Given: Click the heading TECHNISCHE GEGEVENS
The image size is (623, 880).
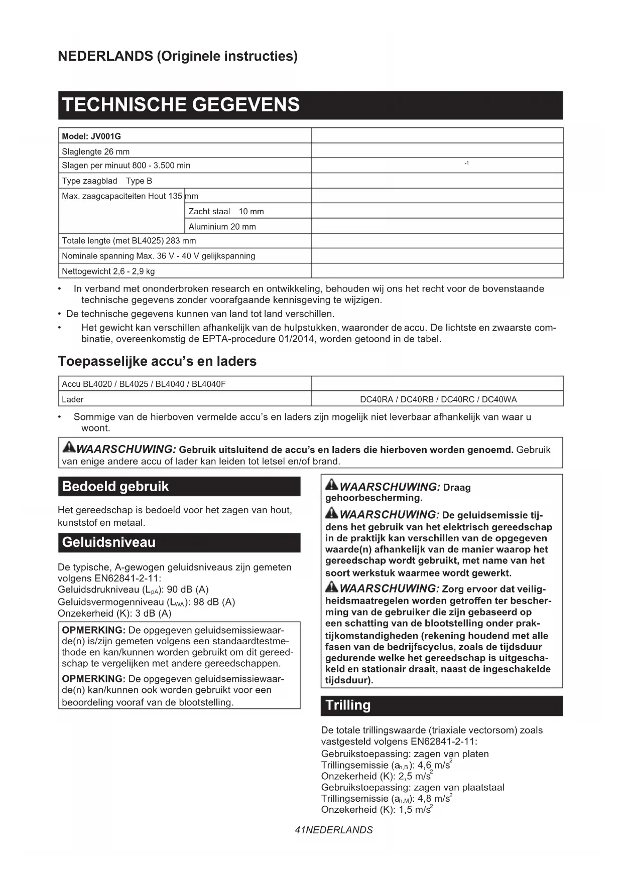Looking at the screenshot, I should (181, 105).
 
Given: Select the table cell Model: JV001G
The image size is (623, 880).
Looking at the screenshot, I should (91, 136).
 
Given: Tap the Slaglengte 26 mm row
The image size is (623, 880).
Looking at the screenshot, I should (96, 152).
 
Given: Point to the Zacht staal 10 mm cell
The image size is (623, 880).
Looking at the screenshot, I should (226, 211).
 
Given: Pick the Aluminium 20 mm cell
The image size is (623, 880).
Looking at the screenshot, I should (222, 227).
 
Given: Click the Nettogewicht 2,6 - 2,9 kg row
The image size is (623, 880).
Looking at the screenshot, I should (108, 271).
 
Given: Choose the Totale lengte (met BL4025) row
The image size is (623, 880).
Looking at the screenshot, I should (129, 241).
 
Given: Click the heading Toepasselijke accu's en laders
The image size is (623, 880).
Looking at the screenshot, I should (157, 361).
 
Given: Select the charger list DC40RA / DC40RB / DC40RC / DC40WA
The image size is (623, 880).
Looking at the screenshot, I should (438, 399).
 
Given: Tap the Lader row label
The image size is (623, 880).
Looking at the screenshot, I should (73, 399).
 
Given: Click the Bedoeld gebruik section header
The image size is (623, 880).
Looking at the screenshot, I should (115, 487).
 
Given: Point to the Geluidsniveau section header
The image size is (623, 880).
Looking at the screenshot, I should (109, 542).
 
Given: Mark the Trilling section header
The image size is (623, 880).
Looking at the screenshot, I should (348, 705).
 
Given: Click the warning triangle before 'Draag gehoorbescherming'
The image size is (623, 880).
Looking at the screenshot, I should (331, 485).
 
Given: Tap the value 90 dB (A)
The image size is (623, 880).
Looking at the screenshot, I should (187, 590).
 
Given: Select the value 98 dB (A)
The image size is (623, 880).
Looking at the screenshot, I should (214, 602).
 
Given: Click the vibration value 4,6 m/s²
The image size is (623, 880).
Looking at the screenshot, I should (434, 765).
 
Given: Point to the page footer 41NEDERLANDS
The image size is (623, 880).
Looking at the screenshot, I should (334, 830).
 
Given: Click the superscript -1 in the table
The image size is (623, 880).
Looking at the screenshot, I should (466, 163).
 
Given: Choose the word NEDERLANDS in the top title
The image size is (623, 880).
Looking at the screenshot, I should (105, 56).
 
